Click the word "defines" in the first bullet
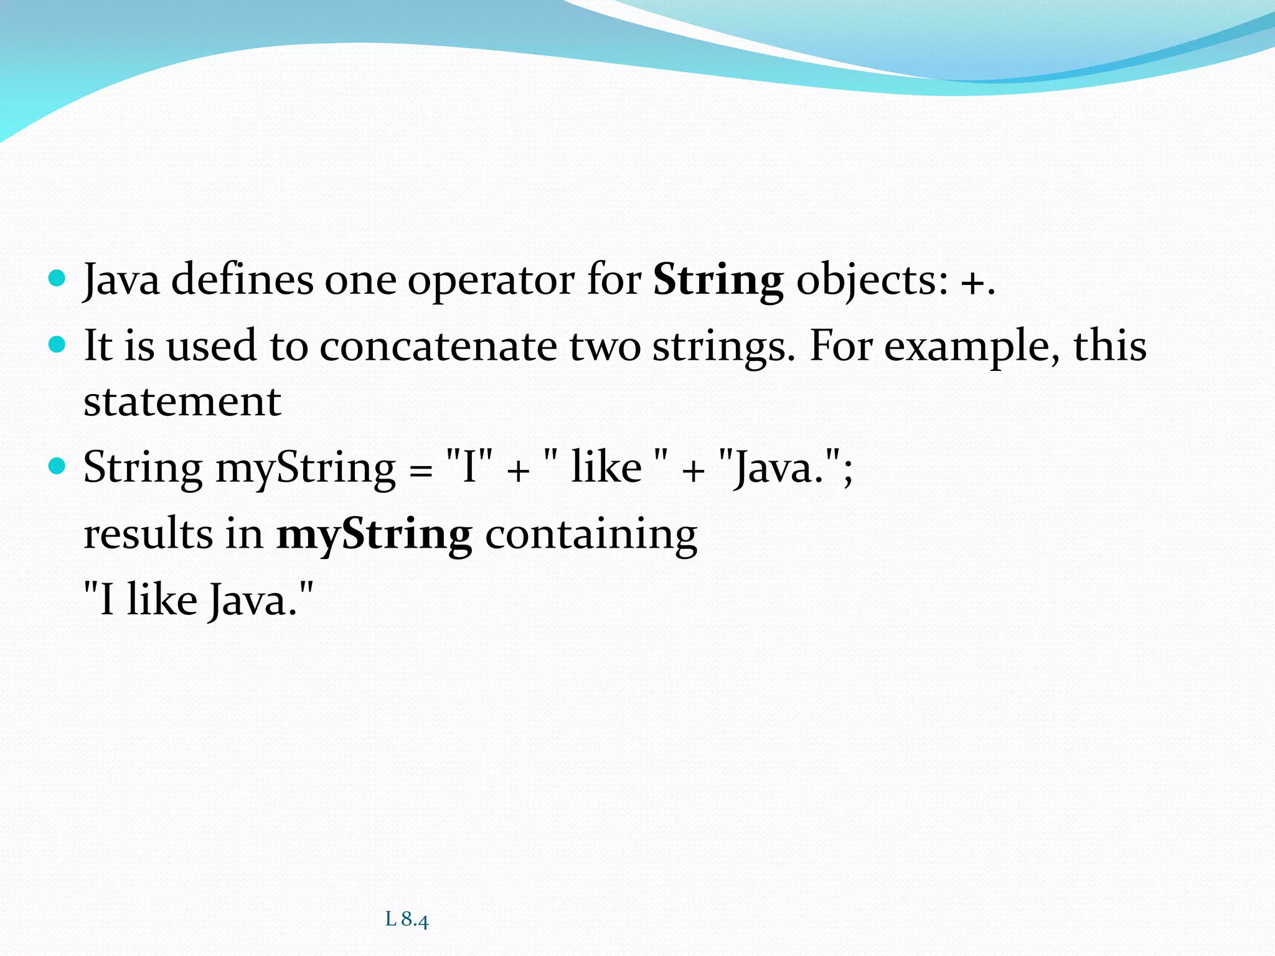tap(242, 279)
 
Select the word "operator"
tap(492, 281)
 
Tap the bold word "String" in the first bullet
tap(718, 281)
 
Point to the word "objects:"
tap(872, 281)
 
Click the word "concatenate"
tap(438, 346)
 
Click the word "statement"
tap(182, 401)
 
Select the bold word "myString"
tap(374, 535)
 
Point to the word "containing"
tap(591, 535)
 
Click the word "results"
tap(148, 534)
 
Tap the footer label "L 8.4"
tap(407, 919)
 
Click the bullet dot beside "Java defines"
tap(57, 278)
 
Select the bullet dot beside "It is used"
tap(57, 344)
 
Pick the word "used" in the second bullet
tap(211, 346)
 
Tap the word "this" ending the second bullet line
tap(1109, 346)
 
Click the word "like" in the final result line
tap(162, 600)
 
